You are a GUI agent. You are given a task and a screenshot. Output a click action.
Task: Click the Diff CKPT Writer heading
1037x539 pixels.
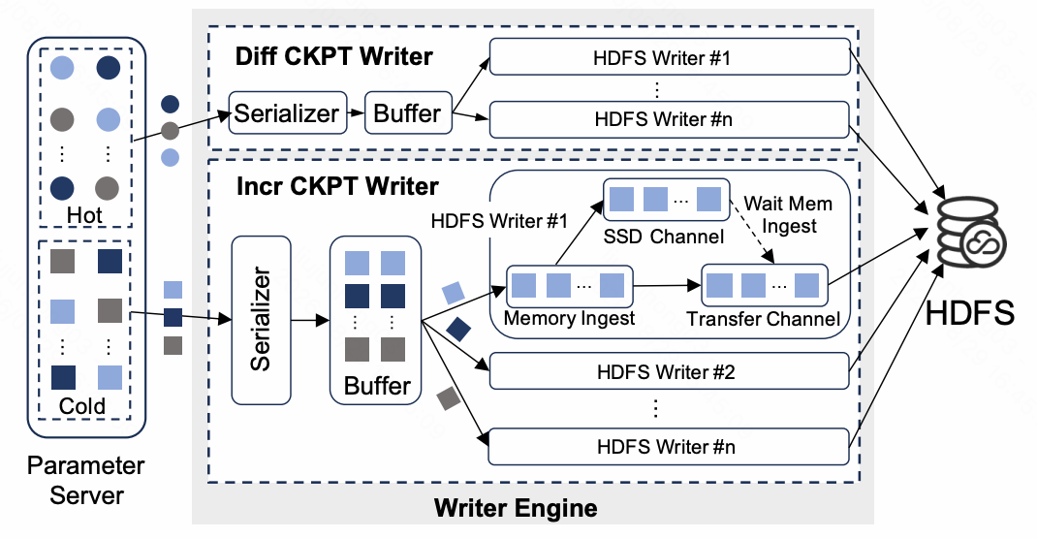coord(334,57)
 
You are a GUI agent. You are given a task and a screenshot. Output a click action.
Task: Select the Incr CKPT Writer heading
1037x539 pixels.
coord(337,186)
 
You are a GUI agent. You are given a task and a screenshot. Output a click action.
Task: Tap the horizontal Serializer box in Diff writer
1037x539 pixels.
coord(288,113)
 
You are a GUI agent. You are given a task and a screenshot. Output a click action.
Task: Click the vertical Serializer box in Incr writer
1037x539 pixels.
coord(262,320)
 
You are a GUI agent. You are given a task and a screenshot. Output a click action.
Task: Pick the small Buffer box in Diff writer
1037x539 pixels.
coord(408,113)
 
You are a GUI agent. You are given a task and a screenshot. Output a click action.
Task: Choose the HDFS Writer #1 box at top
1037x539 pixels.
coord(670,57)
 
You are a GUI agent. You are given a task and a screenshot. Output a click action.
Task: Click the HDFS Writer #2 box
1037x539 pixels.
coord(669,371)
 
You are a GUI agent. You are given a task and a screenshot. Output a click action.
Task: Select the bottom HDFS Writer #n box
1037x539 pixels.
coord(669,447)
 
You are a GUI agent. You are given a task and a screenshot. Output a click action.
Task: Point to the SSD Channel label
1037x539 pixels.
coord(663,237)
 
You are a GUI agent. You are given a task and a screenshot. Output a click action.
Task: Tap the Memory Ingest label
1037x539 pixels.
coord(570,318)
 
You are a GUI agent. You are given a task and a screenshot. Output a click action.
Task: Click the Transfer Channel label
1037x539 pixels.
coord(763,319)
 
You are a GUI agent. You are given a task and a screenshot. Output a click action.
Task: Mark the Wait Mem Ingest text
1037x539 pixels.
coord(788,214)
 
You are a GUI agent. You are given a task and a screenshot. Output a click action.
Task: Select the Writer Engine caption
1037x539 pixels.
coord(516,508)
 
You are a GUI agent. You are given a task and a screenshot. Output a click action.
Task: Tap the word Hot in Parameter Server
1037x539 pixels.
coord(84,215)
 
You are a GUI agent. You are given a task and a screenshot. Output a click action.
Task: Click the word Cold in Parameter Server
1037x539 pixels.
coord(82,405)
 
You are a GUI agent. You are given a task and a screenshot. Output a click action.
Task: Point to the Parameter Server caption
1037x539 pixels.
coord(86,480)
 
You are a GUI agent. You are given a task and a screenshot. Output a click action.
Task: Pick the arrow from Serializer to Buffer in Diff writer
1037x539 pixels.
coord(356,113)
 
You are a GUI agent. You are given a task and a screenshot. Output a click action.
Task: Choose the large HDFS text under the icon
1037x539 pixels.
coord(969,312)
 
